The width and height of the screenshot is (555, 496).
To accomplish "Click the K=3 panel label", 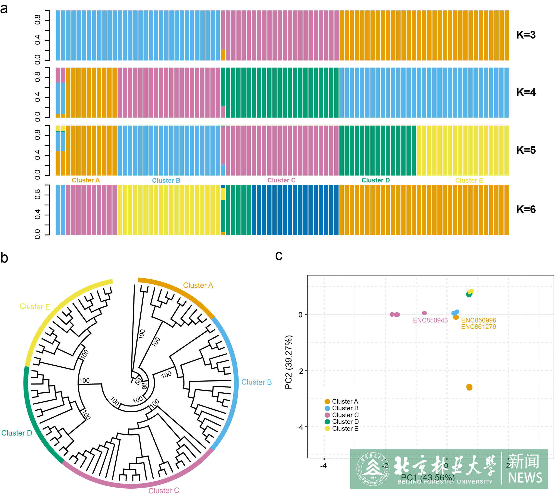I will (x=526, y=35).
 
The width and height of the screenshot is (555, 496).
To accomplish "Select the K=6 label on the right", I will (x=526, y=209).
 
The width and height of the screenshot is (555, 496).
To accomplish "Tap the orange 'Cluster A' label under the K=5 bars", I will (x=86, y=180).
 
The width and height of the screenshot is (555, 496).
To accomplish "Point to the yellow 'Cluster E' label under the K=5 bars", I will (x=469, y=181).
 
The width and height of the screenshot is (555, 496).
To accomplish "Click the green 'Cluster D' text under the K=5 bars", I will (x=375, y=180).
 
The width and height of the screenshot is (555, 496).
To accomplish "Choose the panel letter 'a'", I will (x=4, y=9).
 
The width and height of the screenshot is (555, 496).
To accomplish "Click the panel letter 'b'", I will (x=4, y=258).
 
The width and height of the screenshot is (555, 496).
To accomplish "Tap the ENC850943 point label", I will (x=430, y=320).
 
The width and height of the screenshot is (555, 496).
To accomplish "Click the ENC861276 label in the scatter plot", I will (x=478, y=327).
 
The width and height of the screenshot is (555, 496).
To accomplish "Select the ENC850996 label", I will (x=478, y=320).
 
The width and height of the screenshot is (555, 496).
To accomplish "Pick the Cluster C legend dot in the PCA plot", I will (x=327, y=415).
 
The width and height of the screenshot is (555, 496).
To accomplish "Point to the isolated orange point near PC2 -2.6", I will (x=469, y=387).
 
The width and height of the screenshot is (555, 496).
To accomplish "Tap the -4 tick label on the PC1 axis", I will (x=323, y=465).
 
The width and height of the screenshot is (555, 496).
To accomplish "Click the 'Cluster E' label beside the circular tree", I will (x=35, y=307).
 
